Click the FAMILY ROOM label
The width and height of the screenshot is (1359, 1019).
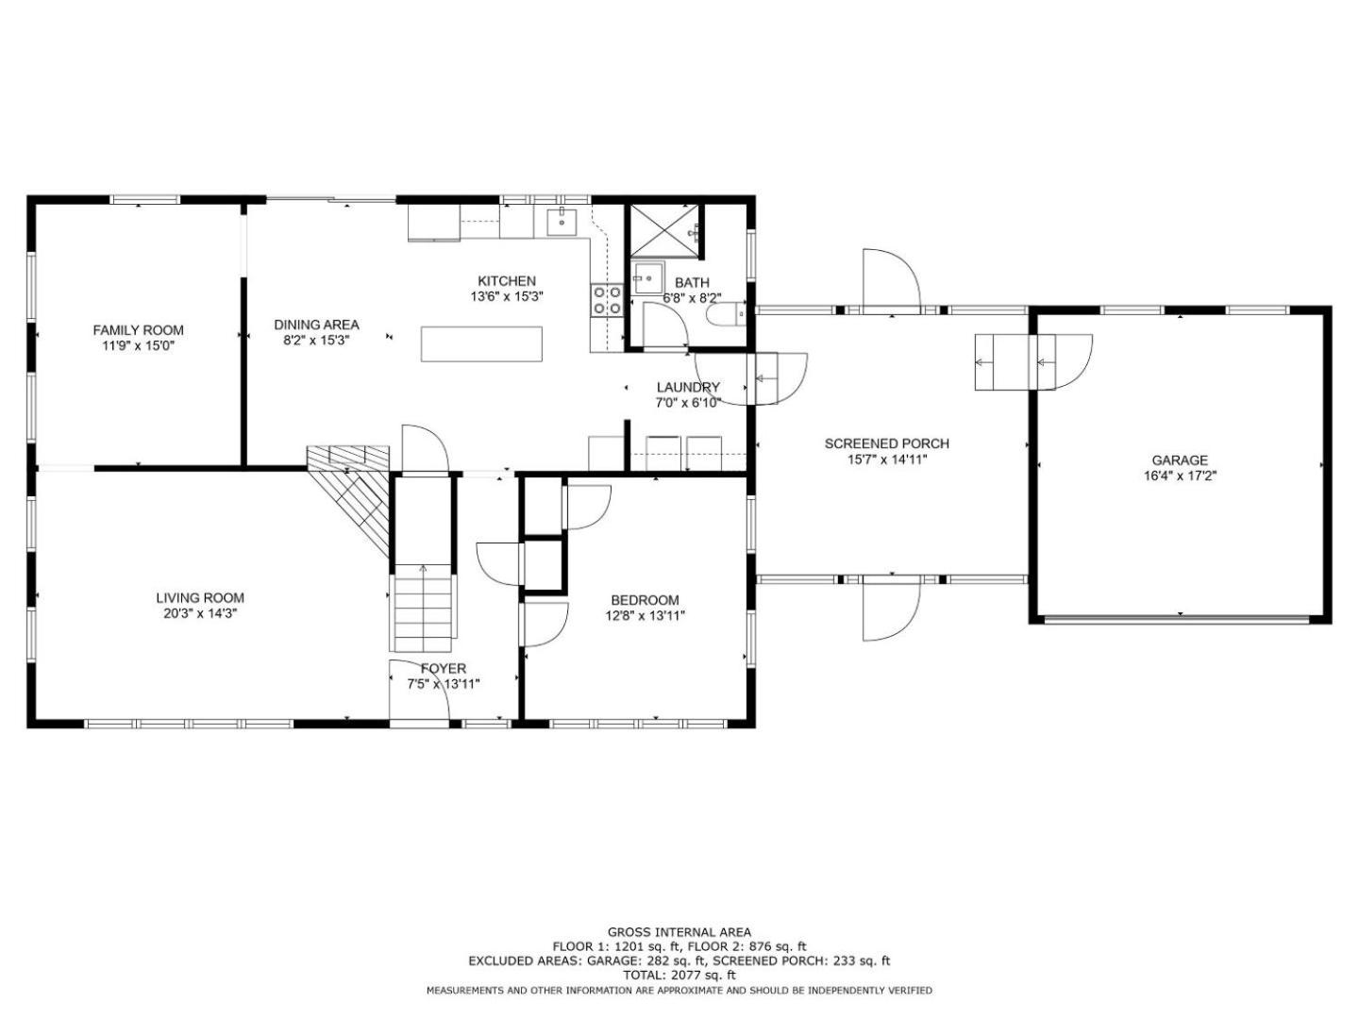tap(138, 330)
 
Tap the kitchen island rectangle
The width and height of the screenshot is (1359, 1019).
tap(481, 344)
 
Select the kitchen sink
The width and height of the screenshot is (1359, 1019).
tap(562, 222)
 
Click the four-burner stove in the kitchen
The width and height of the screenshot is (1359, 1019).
tap(606, 300)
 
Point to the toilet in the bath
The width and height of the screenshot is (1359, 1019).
tap(727, 315)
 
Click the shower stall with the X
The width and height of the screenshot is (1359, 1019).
tap(663, 229)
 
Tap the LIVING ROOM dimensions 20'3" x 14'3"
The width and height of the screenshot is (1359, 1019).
tap(200, 613)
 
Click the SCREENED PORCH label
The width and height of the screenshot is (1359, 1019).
tap(886, 443)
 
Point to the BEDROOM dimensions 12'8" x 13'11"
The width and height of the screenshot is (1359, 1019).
tap(645, 615)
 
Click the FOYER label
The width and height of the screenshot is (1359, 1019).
tap(444, 669)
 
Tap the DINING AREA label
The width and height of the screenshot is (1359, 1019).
tap(316, 325)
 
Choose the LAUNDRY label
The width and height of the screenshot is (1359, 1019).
tap(688, 387)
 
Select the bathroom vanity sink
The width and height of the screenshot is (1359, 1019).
tap(647, 279)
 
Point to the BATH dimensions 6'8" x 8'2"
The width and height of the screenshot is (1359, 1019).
tap(692, 297)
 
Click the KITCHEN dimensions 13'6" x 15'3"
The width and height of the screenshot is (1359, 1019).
tap(507, 296)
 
